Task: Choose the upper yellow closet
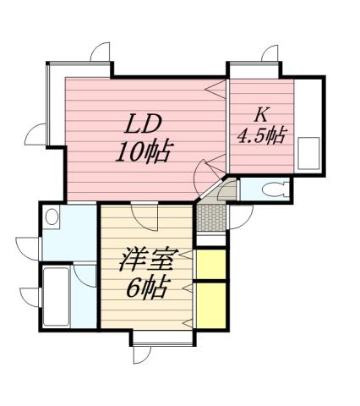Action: coord(210,265)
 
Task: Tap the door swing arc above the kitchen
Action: coord(270,54)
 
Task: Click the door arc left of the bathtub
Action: coord(30,297)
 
